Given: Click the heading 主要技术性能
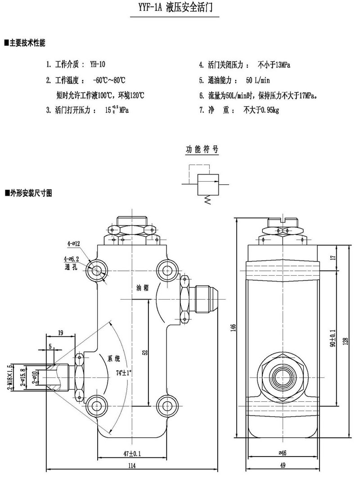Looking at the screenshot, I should click(x=27, y=43).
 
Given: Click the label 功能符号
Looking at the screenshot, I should click(x=202, y=150).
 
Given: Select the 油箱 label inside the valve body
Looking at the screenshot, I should click(x=144, y=288).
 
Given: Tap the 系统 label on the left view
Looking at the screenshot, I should click(x=115, y=359).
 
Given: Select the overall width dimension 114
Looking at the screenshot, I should click(x=131, y=466).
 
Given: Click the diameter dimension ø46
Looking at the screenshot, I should click(x=283, y=453).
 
